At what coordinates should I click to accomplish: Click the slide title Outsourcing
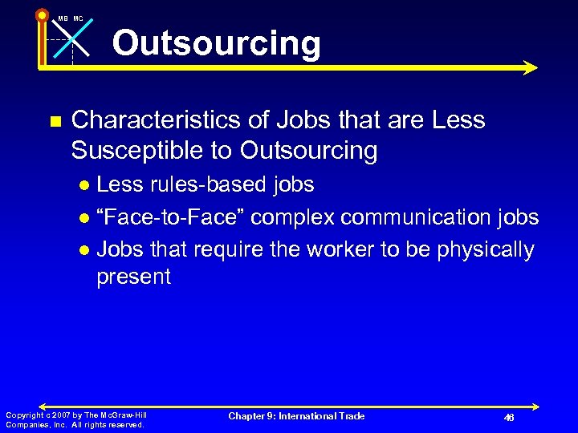(x=216, y=43)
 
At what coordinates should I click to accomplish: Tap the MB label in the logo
(x=63, y=18)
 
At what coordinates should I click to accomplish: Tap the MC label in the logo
(x=78, y=18)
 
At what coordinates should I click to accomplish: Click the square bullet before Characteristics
(x=54, y=122)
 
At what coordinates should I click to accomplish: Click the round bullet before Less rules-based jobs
(x=85, y=186)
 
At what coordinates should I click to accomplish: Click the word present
(x=133, y=277)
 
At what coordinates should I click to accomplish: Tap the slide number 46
(x=508, y=418)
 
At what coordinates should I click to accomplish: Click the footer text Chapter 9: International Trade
(x=296, y=416)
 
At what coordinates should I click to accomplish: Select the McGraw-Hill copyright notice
(x=76, y=419)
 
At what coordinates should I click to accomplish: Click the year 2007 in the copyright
(x=61, y=415)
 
